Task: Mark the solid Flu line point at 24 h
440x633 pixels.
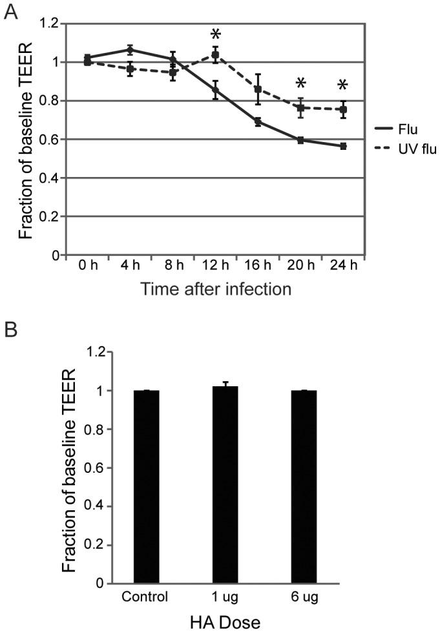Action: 343,147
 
